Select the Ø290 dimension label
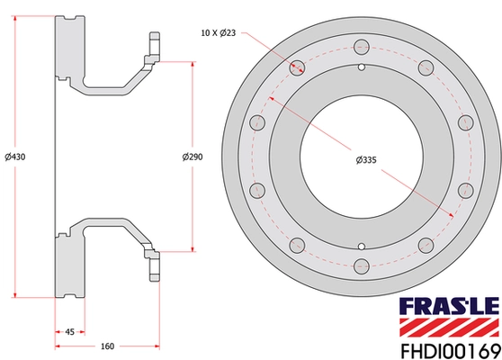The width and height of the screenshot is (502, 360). click(x=193, y=157)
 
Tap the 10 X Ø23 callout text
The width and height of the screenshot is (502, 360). click(x=220, y=32)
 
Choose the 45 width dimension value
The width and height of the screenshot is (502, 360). click(x=70, y=330)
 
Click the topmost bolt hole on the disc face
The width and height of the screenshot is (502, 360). click(x=361, y=47)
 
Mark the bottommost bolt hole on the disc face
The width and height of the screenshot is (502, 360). click(x=361, y=265)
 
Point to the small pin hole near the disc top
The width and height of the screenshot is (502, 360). click(x=361, y=67)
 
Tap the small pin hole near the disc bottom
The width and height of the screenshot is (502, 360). click(x=361, y=245)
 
